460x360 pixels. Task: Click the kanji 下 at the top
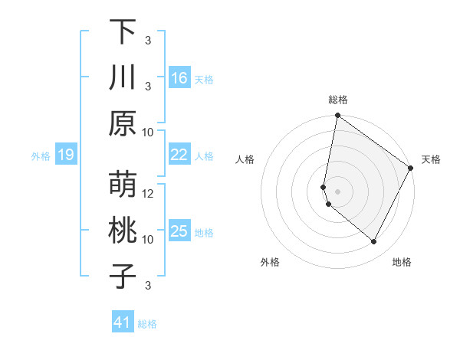(x=123, y=31)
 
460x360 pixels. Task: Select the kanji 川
(x=123, y=77)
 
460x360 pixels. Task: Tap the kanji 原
(x=123, y=123)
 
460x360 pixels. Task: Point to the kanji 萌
(x=123, y=185)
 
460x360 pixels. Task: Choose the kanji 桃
(x=123, y=231)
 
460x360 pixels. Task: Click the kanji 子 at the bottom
(x=123, y=277)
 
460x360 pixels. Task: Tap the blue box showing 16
(x=179, y=77)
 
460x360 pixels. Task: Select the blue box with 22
(x=179, y=155)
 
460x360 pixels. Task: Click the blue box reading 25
(x=179, y=231)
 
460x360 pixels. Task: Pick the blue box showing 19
(x=65, y=155)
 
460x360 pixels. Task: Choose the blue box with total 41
(x=123, y=322)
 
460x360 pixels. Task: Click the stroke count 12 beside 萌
(x=149, y=194)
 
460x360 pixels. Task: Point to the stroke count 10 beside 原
(x=149, y=132)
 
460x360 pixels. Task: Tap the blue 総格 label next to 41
(x=147, y=324)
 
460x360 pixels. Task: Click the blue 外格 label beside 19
(x=41, y=156)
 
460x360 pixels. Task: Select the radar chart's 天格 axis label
(x=431, y=159)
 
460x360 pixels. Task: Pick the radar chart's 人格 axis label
(x=245, y=159)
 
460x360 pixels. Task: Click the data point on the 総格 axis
(x=337, y=116)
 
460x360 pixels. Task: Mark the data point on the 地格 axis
(x=373, y=242)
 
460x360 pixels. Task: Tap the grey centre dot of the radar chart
(x=337, y=191)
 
